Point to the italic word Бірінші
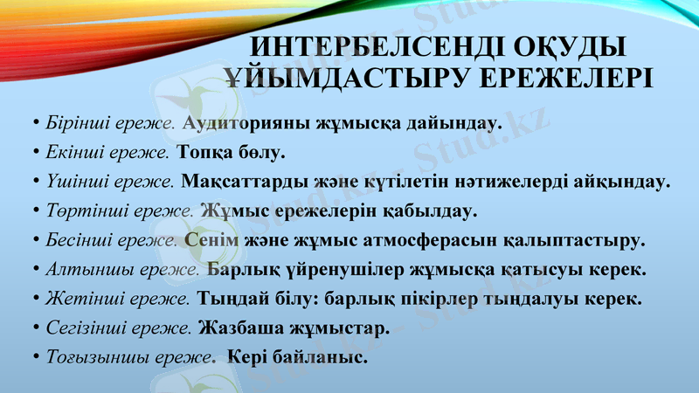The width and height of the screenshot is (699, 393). click(x=76, y=122)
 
